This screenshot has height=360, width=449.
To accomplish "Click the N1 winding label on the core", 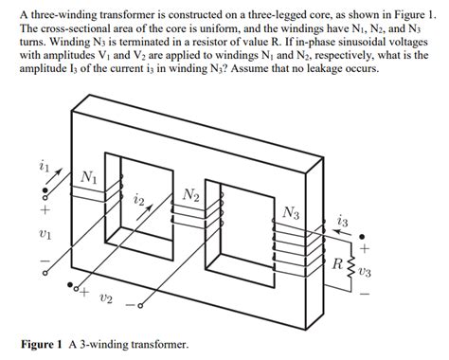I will click(88, 176).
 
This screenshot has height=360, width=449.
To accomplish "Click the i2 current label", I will click(139, 200).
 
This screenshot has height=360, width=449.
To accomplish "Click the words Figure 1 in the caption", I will click(45, 344).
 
